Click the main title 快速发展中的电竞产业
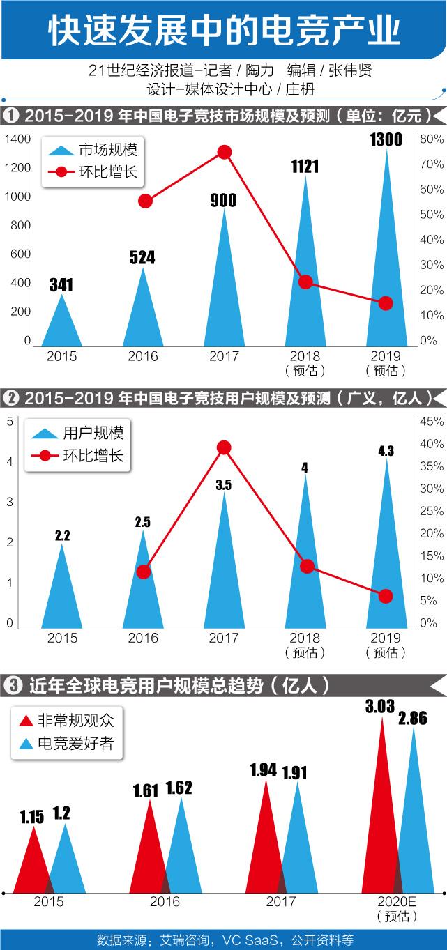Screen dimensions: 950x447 pyautogui.click(x=224, y=31)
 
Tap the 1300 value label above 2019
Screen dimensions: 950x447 pyautogui.click(x=386, y=139)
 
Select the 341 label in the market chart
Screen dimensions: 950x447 pyautogui.click(x=61, y=285)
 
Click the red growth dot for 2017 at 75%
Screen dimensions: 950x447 pyautogui.click(x=224, y=152)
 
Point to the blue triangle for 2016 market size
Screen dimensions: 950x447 pyautogui.click(x=143, y=314)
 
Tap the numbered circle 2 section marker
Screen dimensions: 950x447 pyautogui.click(x=11, y=398)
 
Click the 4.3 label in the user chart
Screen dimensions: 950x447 pyautogui.click(x=386, y=451)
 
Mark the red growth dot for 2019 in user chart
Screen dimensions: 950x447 pyautogui.click(x=386, y=596)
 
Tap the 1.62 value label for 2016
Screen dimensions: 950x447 pyautogui.click(x=179, y=788)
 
